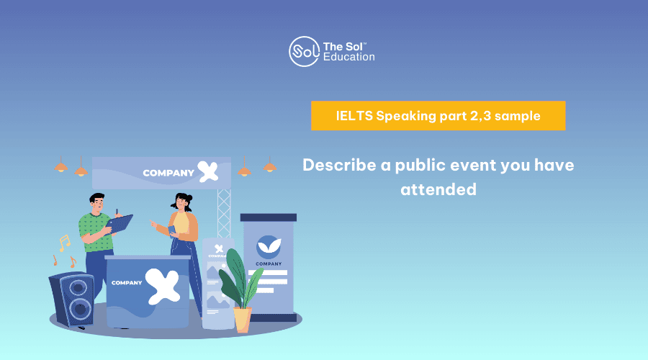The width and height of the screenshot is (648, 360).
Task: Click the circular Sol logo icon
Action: tap(304, 52)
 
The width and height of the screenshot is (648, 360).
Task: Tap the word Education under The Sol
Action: tap(348, 57)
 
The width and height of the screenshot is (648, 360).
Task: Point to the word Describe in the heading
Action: tap(339, 165)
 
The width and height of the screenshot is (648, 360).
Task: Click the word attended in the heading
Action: tap(438, 189)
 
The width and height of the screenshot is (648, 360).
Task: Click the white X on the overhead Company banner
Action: tap(208, 171)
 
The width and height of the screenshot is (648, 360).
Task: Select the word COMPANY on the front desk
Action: tap(127, 283)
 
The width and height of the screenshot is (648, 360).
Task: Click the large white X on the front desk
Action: tap(163, 286)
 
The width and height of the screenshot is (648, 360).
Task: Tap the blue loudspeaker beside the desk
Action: tap(71, 299)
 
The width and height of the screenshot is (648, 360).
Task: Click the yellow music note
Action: tap(65, 243)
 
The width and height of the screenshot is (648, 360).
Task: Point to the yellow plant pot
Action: tap(243, 320)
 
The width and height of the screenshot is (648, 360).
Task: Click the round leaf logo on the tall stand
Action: tap(269, 247)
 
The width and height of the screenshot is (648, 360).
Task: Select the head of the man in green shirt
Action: tap(97, 203)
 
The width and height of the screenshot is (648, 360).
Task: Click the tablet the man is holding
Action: tap(120, 224)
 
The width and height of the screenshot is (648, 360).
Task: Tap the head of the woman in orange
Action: tap(182, 202)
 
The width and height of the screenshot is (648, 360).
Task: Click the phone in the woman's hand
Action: tap(172, 230)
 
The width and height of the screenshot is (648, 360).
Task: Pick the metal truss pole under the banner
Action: tap(224, 213)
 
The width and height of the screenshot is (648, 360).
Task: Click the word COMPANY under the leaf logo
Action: tap(269, 264)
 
